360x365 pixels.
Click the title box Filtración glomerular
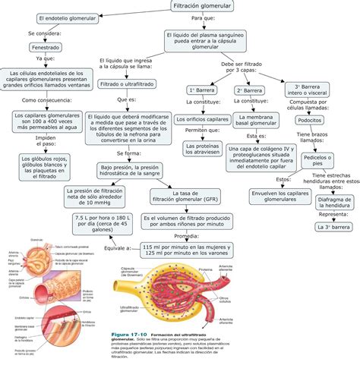[x=180, y=6]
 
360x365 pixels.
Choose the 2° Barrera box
[x=249, y=90]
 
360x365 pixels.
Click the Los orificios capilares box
[x=203, y=120]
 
